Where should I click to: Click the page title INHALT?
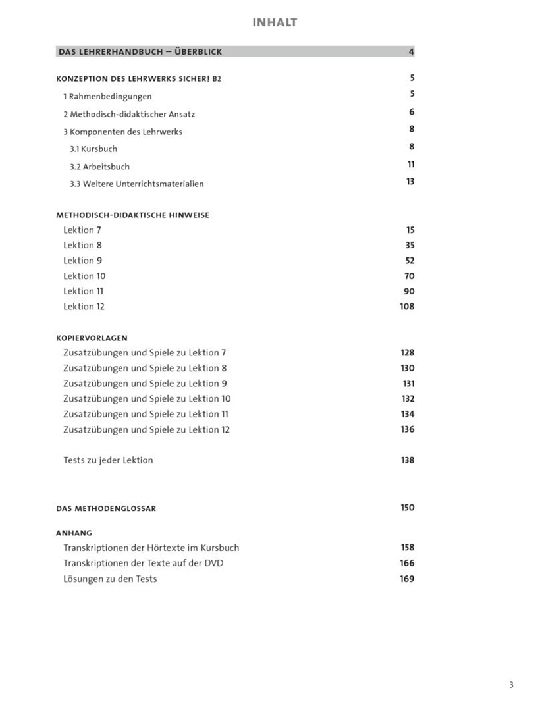(275, 23)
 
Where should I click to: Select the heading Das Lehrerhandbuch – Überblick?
(140, 52)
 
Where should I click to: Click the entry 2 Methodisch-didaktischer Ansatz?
(129, 114)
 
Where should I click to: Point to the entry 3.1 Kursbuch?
(93, 149)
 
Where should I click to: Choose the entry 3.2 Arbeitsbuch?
(99, 167)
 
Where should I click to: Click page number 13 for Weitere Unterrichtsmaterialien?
(410, 182)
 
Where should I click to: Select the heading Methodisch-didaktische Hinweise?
(133, 215)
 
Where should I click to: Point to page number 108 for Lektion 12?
(407, 307)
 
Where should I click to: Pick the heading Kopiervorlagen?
(92, 338)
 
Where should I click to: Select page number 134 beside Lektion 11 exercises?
(408, 414)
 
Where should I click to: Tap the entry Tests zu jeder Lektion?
(108, 460)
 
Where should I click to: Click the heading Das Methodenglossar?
(107, 508)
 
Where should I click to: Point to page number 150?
(408, 508)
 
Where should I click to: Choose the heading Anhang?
(74, 533)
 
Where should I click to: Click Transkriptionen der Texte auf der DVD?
(143, 563)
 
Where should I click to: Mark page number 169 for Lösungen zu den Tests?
(408, 579)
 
